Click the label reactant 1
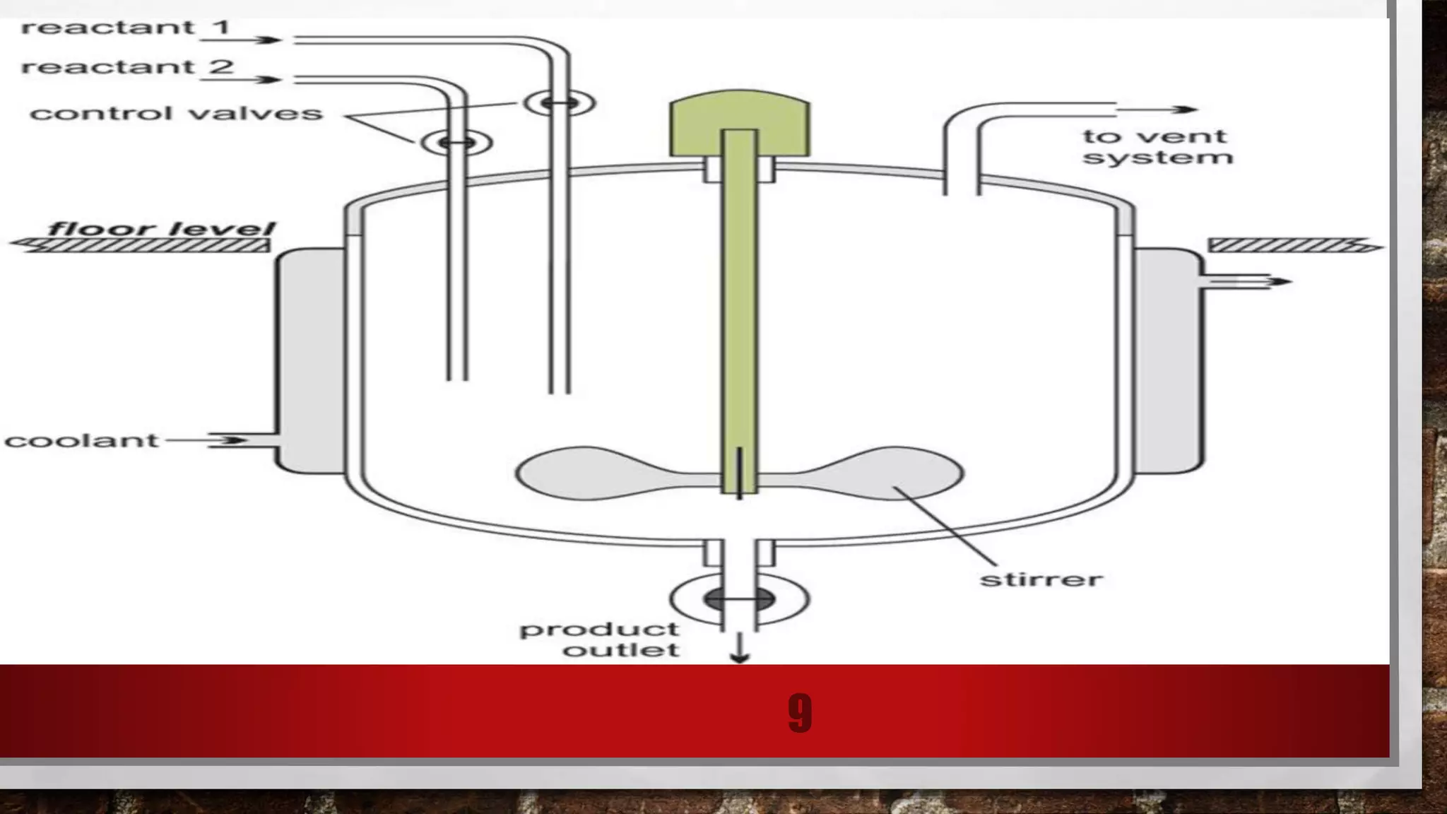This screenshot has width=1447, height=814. click(126, 28)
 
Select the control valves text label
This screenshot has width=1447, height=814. click(176, 114)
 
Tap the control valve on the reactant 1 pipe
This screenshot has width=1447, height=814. click(560, 103)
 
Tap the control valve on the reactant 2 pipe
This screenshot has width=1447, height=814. click(457, 143)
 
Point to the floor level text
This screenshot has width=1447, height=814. click(161, 229)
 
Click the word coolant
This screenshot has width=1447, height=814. click(81, 441)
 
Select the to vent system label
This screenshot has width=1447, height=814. click(1157, 146)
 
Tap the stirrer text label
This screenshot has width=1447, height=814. click(1041, 580)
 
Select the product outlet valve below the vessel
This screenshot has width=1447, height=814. click(739, 600)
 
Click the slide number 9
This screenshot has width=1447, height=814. click(799, 713)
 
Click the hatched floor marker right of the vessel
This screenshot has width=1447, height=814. click(1293, 245)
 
